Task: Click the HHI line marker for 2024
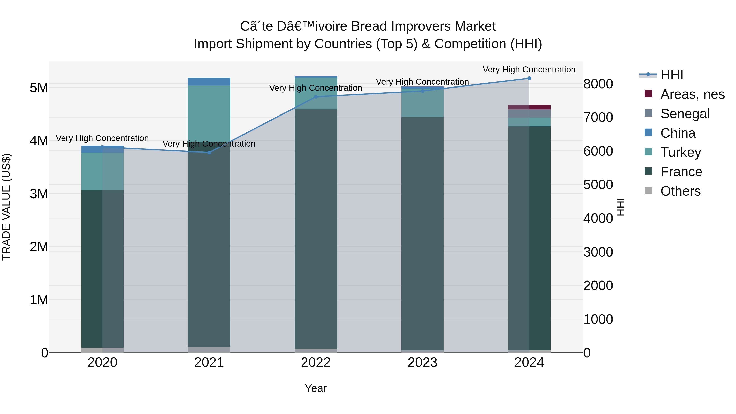529,78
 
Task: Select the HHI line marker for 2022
316,97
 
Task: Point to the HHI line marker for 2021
209,153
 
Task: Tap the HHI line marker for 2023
423,91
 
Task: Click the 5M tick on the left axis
39,88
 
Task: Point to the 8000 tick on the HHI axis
598,84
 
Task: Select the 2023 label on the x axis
422,362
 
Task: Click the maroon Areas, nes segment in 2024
529,107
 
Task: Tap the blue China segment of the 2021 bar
209,81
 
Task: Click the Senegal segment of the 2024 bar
529,113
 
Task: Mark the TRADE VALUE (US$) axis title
6,207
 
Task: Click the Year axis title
316,388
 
